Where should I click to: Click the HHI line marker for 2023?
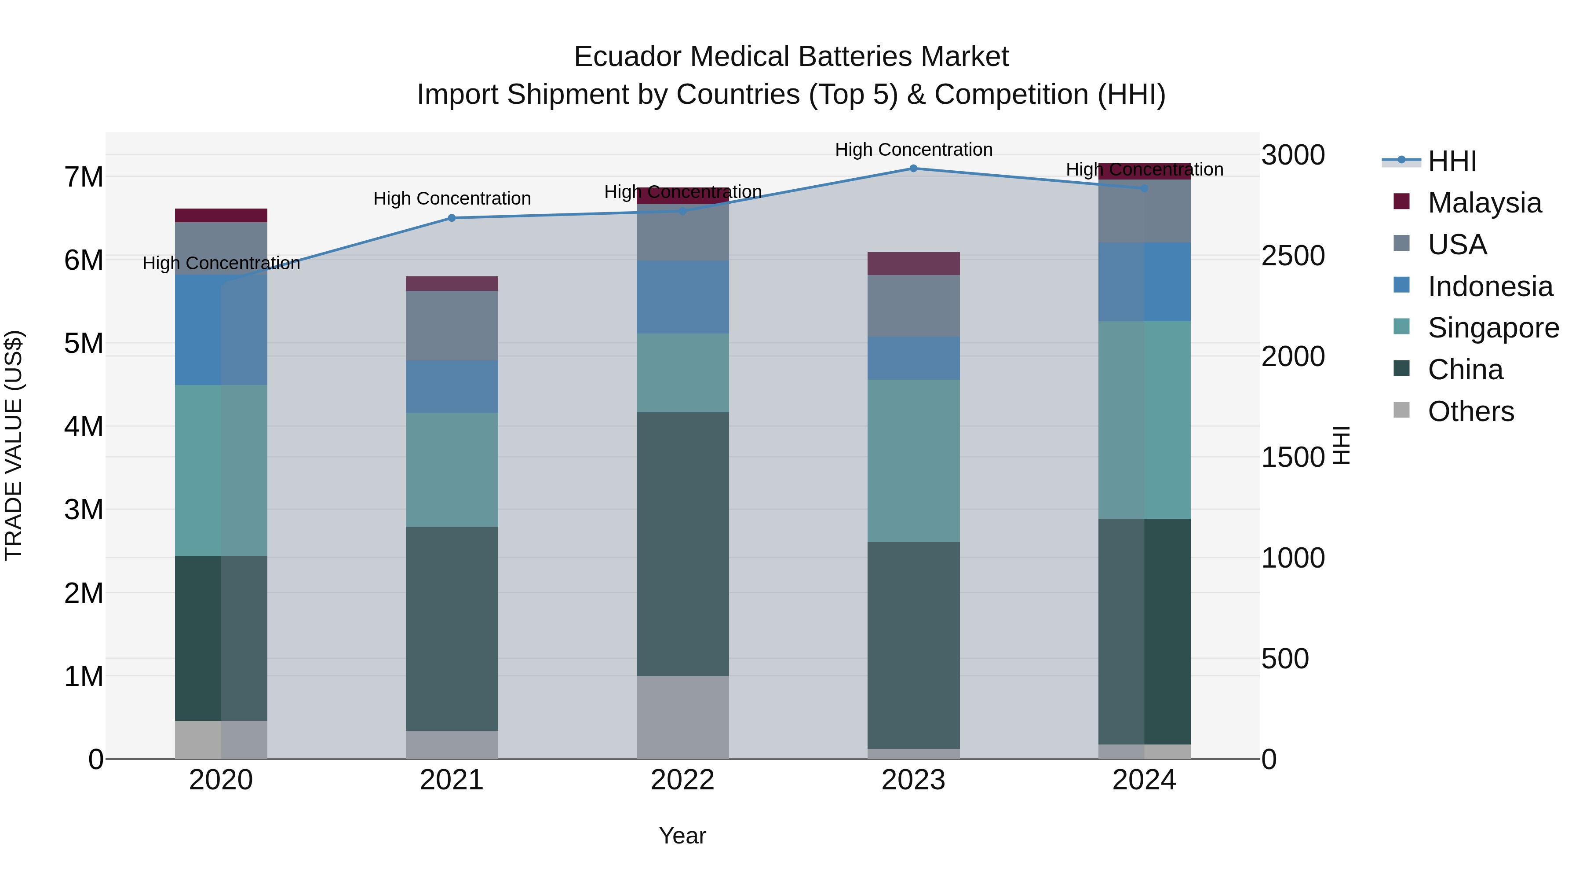click(913, 169)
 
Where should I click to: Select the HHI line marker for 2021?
click(452, 218)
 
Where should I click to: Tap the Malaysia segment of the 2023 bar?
click(913, 263)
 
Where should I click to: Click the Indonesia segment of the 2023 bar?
click(913, 358)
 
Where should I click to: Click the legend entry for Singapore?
click(1493, 328)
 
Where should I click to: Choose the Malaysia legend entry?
click(1484, 203)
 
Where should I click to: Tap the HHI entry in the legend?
click(1452, 161)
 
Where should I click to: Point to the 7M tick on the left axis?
click(84, 177)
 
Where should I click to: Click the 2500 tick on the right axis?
click(1293, 256)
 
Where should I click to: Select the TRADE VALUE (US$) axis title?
click(14, 445)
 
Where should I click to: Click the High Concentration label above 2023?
click(913, 150)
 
